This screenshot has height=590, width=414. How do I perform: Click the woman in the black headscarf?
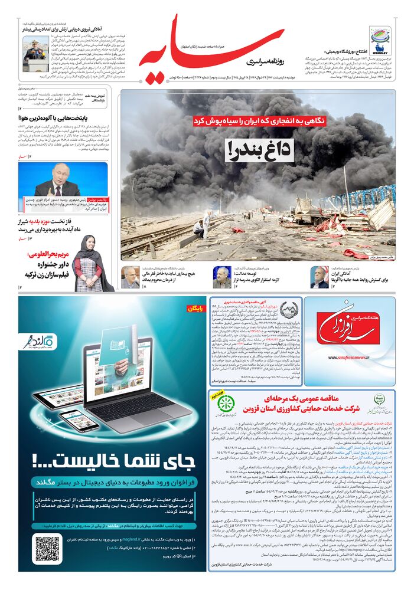point(86,260)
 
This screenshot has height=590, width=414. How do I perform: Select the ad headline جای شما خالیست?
point(113,457)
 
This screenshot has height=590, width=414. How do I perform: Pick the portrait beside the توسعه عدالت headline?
point(222,276)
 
